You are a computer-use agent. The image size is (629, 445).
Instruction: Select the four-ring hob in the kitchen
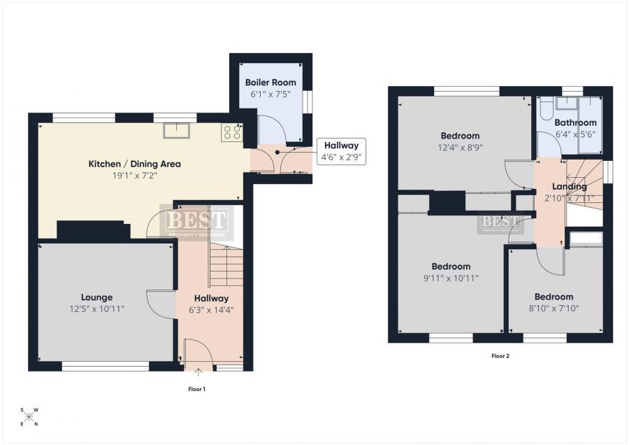point(232,132)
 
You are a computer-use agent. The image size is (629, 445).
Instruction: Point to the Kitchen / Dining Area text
point(134,164)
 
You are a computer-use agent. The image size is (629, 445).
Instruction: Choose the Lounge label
point(96,297)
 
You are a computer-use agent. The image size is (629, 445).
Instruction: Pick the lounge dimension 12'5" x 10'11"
point(96,309)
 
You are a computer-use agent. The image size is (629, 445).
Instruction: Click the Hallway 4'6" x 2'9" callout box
point(341,151)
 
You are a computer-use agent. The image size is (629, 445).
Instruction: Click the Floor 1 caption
point(197,388)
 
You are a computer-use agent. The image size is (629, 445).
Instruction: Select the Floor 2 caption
point(500,356)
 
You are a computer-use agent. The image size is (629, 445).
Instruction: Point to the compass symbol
point(29,416)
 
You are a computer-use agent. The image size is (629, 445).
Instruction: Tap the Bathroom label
point(575,122)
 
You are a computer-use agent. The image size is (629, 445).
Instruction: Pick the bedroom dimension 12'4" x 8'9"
point(460,147)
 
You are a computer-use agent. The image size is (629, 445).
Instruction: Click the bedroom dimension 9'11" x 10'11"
point(451,278)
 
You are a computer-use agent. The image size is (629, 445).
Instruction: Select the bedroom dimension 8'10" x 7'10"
point(555,308)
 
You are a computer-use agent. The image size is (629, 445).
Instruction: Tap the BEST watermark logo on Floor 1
point(196,222)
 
